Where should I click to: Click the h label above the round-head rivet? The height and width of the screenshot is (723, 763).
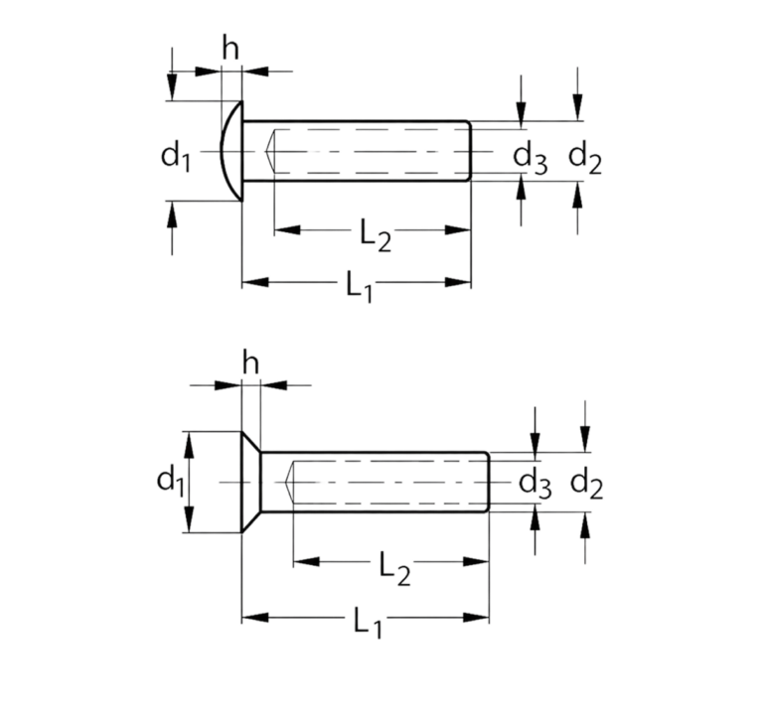click(230, 48)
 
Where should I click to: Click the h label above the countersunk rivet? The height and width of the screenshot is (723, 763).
click(250, 362)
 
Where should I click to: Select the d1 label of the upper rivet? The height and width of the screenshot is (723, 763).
click(176, 157)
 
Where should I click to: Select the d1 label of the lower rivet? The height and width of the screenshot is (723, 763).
click(171, 482)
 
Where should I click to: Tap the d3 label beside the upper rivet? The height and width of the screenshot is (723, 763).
click(531, 158)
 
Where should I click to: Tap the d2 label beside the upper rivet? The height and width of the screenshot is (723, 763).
click(585, 158)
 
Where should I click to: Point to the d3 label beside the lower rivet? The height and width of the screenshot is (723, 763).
click(535, 485)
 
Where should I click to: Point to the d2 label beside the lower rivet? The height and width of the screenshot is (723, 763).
click(586, 485)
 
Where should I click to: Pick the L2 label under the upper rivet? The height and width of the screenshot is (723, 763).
click(376, 235)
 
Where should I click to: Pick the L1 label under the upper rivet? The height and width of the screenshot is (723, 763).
click(360, 287)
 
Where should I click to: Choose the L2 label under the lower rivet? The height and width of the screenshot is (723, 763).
click(394, 568)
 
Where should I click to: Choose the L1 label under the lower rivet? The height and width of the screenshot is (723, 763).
click(368, 623)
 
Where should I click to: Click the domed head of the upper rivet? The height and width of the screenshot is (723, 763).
click(230, 151)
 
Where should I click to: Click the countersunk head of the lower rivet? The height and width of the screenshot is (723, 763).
click(251, 482)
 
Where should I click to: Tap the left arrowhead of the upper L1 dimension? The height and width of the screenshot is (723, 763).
click(255, 282)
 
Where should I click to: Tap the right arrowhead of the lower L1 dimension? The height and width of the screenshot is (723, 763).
click(476, 618)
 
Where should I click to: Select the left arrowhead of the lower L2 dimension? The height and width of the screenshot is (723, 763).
click(307, 562)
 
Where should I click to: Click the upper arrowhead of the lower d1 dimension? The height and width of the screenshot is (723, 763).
click(190, 445)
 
